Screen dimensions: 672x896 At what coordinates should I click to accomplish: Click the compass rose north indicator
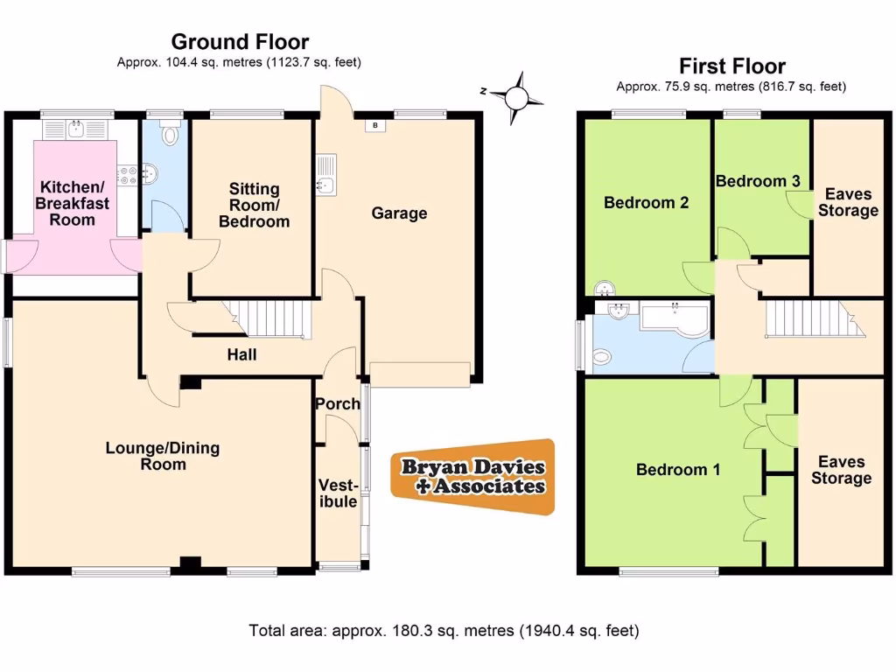pyautogui.click(x=516, y=92)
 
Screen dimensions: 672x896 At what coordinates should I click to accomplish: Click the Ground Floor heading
pyautogui.click(x=240, y=41)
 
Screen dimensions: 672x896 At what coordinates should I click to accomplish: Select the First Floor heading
pyautogui.click(x=732, y=66)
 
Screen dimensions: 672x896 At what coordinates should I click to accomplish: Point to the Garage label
pyautogui.click(x=399, y=213)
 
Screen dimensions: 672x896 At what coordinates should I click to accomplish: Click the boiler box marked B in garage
pyautogui.click(x=375, y=126)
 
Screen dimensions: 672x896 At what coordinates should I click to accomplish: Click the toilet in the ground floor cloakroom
pyautogui.click(x=171, y=134)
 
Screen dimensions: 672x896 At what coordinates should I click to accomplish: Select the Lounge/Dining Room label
pyautogui.click(x=163, y=456)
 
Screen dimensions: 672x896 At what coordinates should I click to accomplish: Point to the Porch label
pyautogui.click(x=337, y=403)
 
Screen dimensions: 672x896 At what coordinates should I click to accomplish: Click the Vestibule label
pyautogui.click(x=337, y=493)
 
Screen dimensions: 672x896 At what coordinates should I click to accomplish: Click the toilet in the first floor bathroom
pyautogui.click(x=602, y=356)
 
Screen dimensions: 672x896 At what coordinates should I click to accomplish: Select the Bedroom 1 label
pyautogui.click(x=678, y=470)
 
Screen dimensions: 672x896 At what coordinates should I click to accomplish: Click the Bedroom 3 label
pyautogui.click(x=758, y=181)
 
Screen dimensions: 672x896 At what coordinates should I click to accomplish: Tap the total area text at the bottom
pyautogui.click(x=444, y=630)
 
